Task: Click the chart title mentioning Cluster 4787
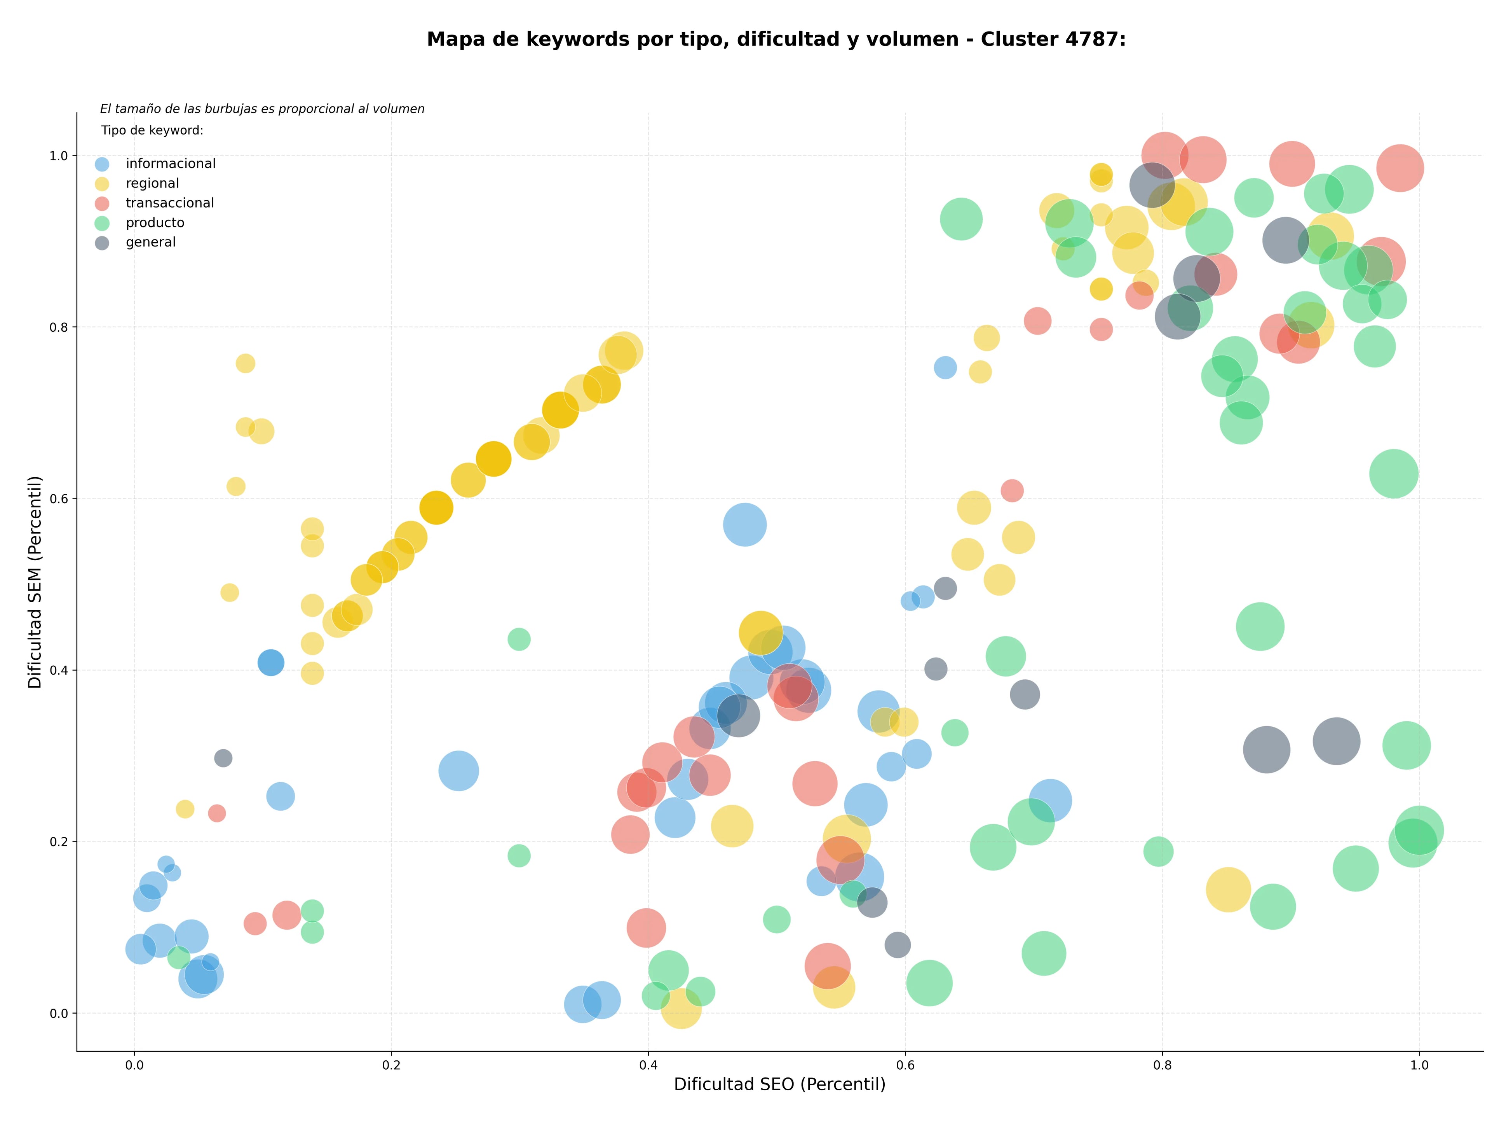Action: pos(776,40)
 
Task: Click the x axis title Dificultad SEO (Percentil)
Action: pos(780,1084)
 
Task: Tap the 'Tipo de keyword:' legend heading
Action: pos(152,130)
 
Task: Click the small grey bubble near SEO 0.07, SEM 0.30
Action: pos(223,758)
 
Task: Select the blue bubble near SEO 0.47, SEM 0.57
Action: pos(745,525)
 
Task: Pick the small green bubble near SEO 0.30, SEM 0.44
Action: pos(519,639)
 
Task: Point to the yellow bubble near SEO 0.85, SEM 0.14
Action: pos(1228,890)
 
